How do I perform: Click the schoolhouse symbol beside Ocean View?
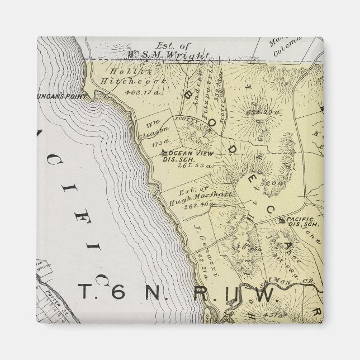[x=163, y=152]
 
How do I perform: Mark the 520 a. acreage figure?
[x=273, y=183]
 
